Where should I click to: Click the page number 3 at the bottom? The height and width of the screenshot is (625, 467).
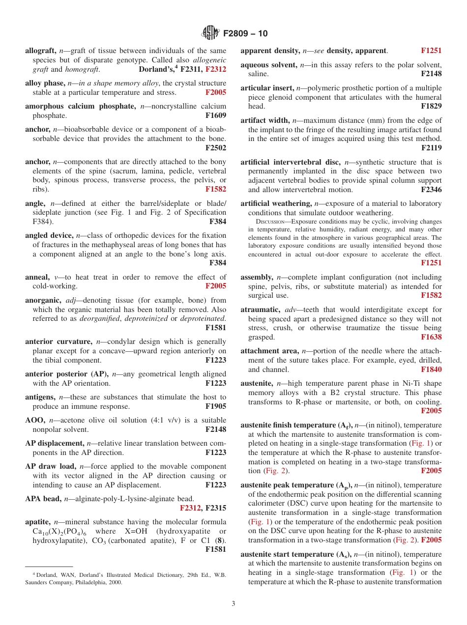[233, 604]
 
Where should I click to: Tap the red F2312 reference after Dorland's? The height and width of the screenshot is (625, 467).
[216, 69]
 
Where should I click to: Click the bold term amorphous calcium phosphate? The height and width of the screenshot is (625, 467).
[81, 106]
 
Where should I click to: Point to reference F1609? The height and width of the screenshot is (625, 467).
[216, 115]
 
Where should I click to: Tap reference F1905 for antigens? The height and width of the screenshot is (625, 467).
[216, 406]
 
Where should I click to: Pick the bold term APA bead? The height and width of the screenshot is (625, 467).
[42, 499]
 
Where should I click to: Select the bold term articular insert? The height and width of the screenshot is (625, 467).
[266, 88]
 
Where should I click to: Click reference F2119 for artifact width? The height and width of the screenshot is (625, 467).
[431, 148]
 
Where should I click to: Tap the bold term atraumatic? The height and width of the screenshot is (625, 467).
[260, 310]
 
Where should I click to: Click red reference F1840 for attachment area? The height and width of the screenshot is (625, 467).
[431, 369]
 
